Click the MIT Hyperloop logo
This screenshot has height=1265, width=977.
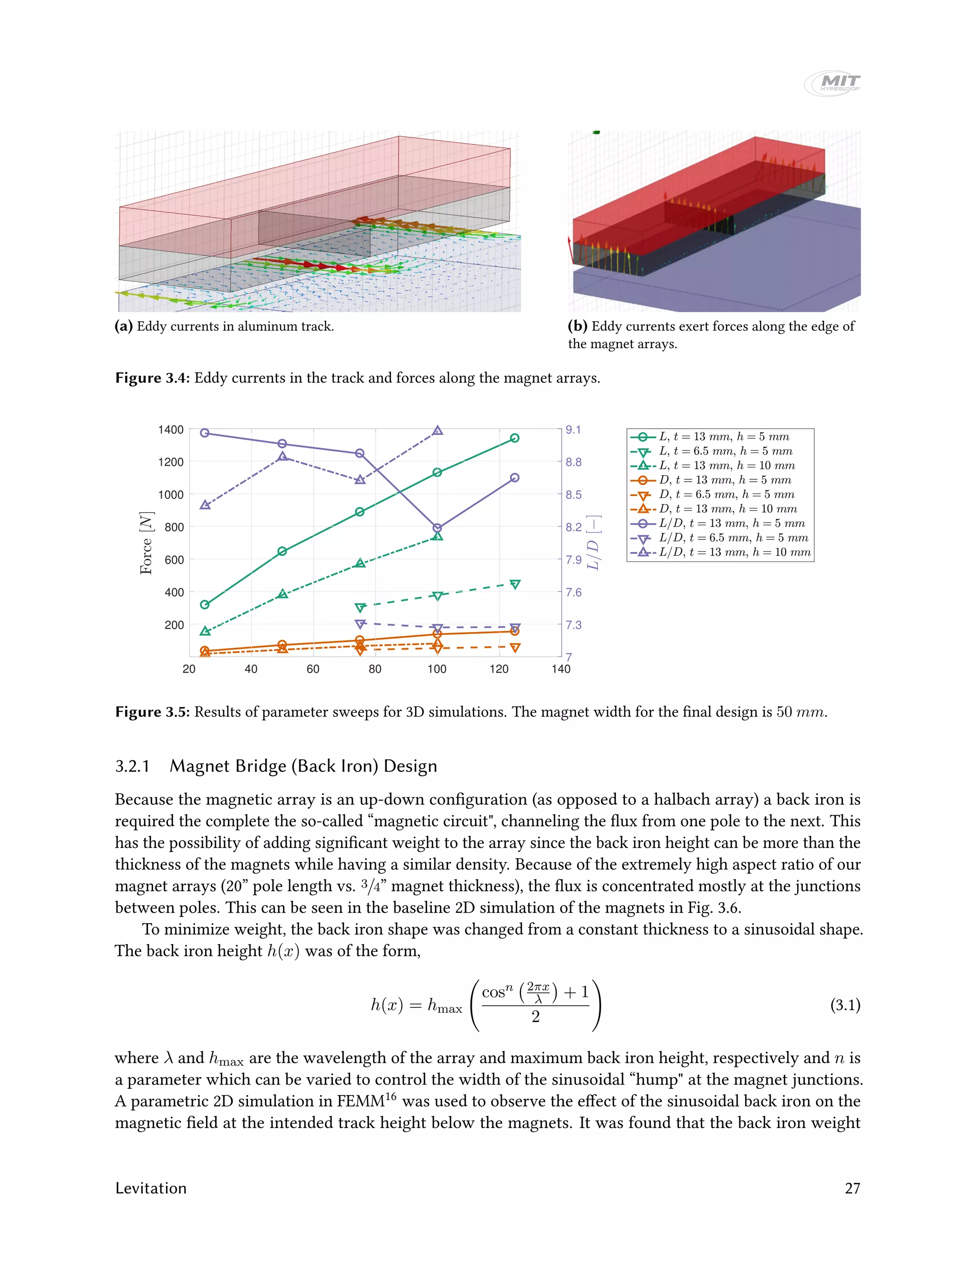pyautogui.click(x=832, y=83)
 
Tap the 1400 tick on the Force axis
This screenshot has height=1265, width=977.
pyautogui.click(x=171, y=430)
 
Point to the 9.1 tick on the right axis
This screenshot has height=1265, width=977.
pyautogui.click(x=573, y=430)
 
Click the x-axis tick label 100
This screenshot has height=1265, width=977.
pyautogui.click(x=437, y=669)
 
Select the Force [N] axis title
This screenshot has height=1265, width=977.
pyautogui.click(x=146, y=543)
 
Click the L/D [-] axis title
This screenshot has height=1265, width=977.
pyautogui.click(x=593, y=543)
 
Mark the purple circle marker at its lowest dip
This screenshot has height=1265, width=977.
pyautogui.click(x=437, y=527)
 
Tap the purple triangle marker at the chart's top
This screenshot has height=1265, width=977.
pyautogui.click(x=437, y=431)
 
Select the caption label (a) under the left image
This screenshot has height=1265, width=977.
pyautogui.click(x=123, y=326)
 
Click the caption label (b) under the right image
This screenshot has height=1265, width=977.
pyautogui.click(x=577, y=326)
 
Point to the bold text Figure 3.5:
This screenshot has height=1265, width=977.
pyautogui.click(x=152, y=712)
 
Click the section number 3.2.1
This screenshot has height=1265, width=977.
pyautogui.click(x=132, y=766)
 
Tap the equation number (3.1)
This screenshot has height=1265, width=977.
pyautogui.click(x=845, y=1005)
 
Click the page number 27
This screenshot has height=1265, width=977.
pyautogui.click(x=852, y=1189)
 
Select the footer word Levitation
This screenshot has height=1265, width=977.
pyautogui.click(x=150, y=1189)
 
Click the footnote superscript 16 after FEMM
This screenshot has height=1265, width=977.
pyautogui.click(x=391, y=1096)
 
